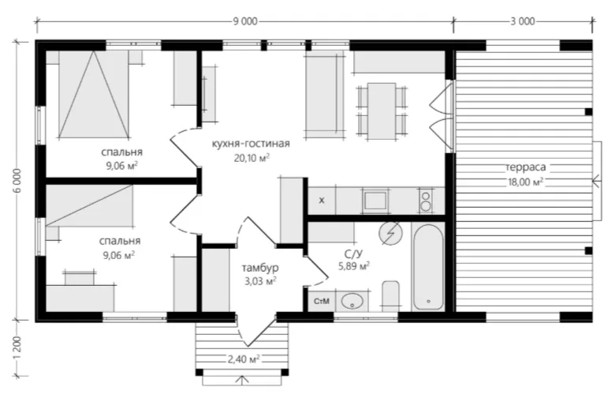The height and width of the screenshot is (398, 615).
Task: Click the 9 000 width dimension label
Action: [x=245, y=21]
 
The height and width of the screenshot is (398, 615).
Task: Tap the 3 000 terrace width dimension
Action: [x=523, y=21]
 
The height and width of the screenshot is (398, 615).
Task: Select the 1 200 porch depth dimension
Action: [x=17, y=349]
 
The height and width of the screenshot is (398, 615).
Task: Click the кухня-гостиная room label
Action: [x=251, y=144]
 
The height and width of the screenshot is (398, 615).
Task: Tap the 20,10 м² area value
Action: [x=252, y=158]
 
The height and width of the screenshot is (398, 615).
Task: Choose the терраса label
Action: [x=526, y=167]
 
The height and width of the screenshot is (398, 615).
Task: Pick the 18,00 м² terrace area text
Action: [x=526, y=182]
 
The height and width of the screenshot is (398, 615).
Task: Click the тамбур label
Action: [x=260, y=268]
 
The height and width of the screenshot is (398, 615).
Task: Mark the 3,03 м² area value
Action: [x=260, y=281]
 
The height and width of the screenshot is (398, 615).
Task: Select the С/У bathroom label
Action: [x=352, y=253]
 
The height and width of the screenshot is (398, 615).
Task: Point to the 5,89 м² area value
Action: [x=354, y=266]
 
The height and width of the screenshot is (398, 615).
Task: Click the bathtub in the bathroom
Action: [x=428, y=267]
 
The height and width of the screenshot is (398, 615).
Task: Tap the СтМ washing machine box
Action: [x=322, y=302]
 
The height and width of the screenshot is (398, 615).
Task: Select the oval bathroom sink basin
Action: [x=352, y=302]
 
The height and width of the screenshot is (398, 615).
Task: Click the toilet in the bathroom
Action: [x=390, y=296]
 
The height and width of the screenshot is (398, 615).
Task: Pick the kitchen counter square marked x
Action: [x=322, y=201]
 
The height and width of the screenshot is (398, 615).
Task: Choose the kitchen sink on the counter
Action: [x=375, y=201]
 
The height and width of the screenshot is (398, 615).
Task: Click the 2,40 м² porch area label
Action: [x=244, y=359]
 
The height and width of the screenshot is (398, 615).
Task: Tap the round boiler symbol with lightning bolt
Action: [x=390, y=234]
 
